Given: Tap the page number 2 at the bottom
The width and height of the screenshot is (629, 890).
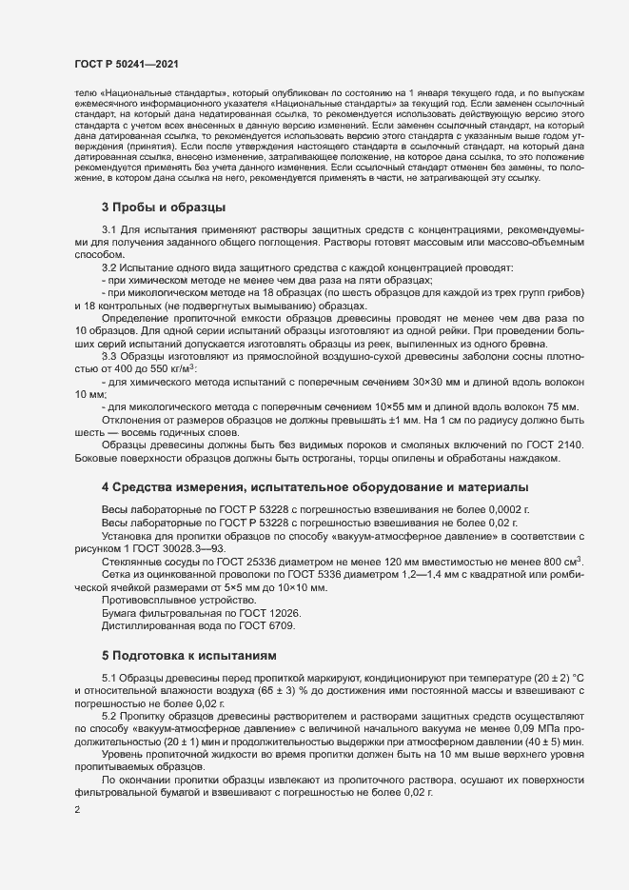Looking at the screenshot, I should click(x=76, y=810).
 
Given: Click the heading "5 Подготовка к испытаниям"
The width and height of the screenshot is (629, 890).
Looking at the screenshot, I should click(x=188, y=656).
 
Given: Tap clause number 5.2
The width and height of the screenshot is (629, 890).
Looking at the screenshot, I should click(x=109, y=714).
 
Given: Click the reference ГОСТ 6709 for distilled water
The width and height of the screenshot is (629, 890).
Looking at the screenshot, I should click(x=265, y=625).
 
